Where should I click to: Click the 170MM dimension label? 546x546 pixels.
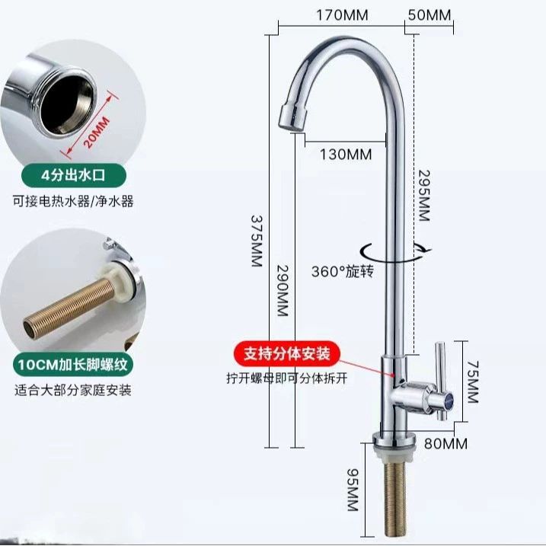342,15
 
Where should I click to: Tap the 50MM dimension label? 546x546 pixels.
429,15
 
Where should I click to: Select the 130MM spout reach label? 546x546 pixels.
346,155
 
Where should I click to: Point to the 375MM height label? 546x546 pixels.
257,241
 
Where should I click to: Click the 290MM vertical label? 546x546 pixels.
283,291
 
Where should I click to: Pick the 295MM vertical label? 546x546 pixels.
423,196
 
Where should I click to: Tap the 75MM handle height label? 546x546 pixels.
473,382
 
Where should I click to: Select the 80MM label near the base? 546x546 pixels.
445,444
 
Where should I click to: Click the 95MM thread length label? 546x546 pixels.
353,490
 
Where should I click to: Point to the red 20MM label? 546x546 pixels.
97,133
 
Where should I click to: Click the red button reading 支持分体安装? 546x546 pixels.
286,354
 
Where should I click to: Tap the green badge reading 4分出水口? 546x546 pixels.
73,175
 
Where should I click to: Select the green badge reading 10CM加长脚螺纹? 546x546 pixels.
73,365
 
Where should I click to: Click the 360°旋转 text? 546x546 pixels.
343,271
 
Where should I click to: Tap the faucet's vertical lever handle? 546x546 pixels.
440,381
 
